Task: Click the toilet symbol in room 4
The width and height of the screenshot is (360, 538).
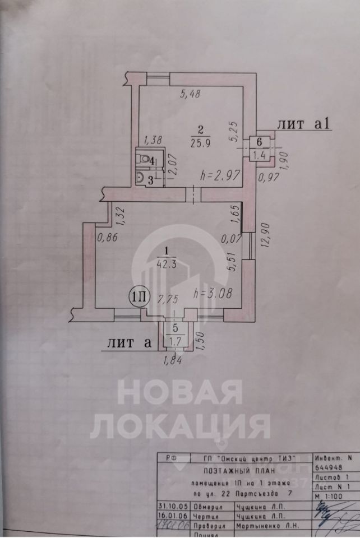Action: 146,160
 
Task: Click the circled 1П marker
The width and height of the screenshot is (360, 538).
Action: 139,296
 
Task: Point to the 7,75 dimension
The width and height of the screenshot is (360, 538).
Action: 168,300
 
